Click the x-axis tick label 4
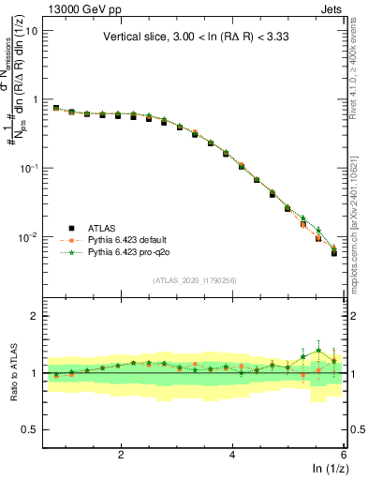coord(232,455)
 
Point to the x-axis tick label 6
coord(343,455)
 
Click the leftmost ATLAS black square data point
coord(55,108)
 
